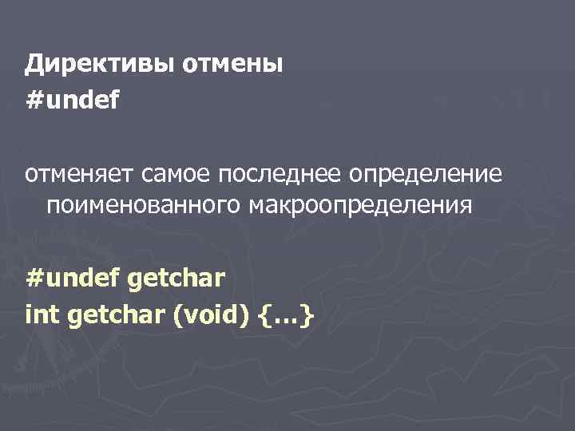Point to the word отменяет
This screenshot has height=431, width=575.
(83, 174)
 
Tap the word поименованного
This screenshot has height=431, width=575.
(144, 207)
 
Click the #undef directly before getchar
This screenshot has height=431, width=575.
(72, 279)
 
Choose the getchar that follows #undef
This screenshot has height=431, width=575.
(175, 279)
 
